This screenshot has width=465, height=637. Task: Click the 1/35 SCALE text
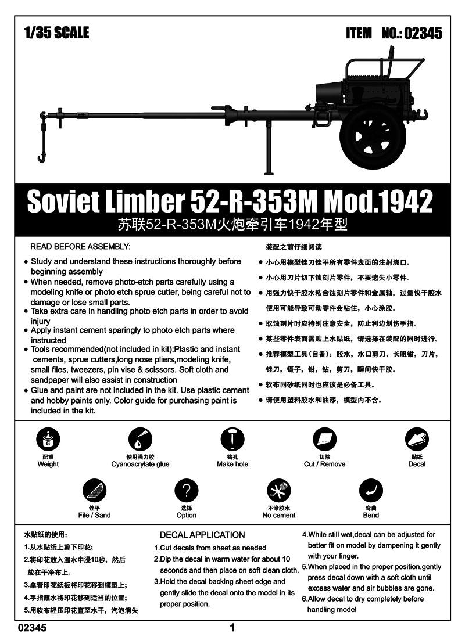[x=56, y=33]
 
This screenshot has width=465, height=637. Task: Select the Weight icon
[x=48, y=440]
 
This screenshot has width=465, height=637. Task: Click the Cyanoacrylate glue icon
[x=140, y=440]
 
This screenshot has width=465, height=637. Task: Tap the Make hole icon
[x=233, y=440]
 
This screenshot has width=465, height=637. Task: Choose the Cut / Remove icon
[x=324, y=440]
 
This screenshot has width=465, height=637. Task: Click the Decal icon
[x=417, y=440]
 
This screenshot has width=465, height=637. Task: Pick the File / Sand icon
[x=94, y=491]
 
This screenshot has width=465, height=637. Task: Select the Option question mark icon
[x=186, y=491]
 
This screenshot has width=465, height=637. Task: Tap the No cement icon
[x=278, y=491]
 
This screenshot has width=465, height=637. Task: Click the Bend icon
[x=371, y=491]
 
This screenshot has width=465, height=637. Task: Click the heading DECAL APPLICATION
[x=202, y=535]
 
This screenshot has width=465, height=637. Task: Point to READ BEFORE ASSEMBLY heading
[x=80, y=247]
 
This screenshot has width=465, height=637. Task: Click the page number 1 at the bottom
[x=233, y=627]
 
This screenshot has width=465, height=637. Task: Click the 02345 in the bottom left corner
[x=33, y=627]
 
